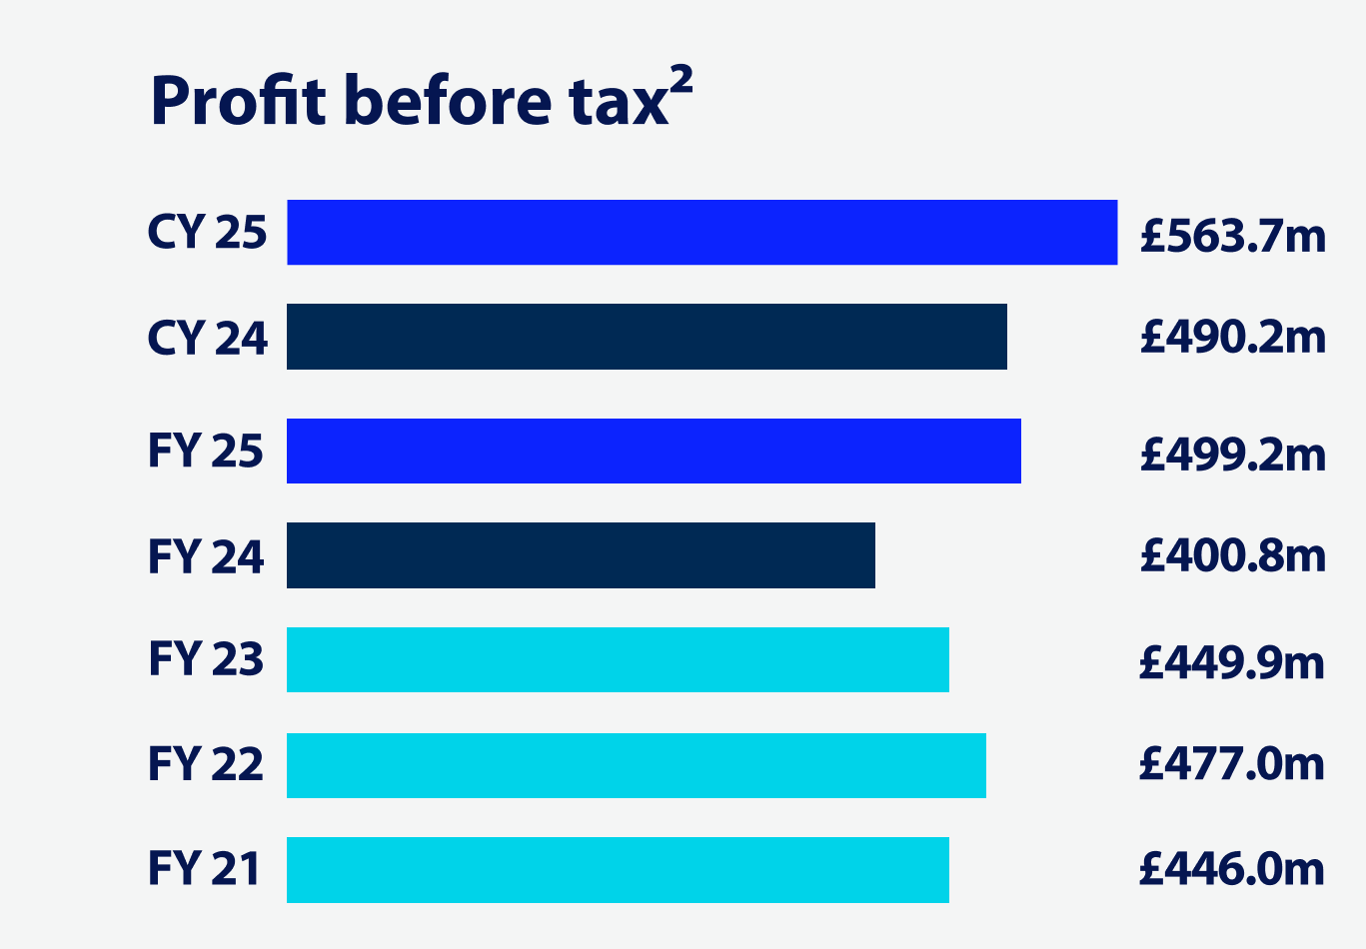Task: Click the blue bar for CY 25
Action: click(x=701, y=232)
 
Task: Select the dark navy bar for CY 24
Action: click(x=647, y=337)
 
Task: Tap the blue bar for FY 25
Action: click(x=654, y=451)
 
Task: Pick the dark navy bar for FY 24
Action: click(x=581, y=555)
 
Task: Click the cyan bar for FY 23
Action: click(x=618, y=659)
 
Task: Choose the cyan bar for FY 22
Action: click(x=636, y=765)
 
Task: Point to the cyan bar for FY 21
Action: click(x=618, y=870)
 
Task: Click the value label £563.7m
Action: click(x=1233, y=236)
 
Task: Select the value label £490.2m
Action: click(x=1233, y=338)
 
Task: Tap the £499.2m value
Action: click(x=1233, y=455)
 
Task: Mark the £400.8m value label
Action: click(x=1233, y=555)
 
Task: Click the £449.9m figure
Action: click(x=1231, y=661)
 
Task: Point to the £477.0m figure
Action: click(x=1231, y=764)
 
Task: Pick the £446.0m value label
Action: click(x=1231, y=869)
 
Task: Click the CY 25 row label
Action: click(x=207, y=233)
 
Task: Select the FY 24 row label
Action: click(x=206, y=556)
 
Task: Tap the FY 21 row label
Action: click(x=204, y=868)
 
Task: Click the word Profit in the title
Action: click(x=238, y=101)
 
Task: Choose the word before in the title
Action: click(x=448, y=101)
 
